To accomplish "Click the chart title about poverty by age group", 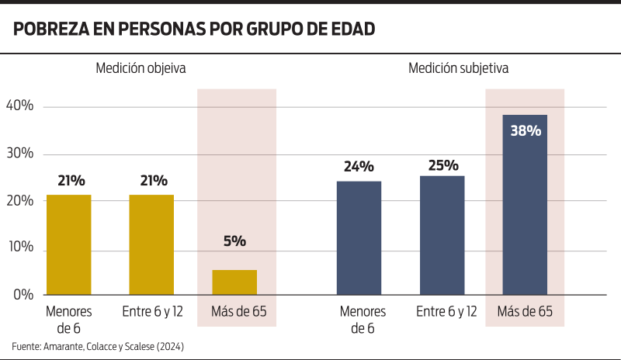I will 194,29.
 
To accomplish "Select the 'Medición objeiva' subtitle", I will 141,68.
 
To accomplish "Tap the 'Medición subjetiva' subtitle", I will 458,68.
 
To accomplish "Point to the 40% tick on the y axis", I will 19,106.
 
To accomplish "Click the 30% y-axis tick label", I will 19,154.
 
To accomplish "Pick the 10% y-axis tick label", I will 19,247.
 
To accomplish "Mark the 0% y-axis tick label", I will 23,295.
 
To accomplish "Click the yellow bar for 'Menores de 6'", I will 69,244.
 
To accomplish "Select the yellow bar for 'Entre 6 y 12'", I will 151,244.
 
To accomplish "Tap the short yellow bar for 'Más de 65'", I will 234,282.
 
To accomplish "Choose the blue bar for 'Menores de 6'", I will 359,237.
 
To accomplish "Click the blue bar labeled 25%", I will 442,235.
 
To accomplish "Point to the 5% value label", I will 234,241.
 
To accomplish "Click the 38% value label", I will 526,130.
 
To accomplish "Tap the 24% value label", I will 359,166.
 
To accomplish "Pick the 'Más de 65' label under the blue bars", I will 525,312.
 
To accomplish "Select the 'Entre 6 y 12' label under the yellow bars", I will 152,312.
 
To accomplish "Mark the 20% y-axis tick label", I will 19,201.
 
